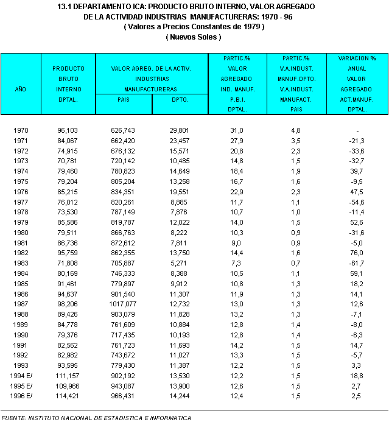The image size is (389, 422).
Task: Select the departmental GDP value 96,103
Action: point(69,130)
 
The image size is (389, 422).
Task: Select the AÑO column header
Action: point(20,89)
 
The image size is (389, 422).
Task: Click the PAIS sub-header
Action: point(124,99)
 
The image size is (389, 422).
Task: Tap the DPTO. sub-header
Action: point(180,99)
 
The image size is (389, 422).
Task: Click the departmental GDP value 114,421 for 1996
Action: point(69,396)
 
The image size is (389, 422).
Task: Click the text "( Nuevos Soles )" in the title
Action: point(194,37)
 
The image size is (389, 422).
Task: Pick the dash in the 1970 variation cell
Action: point(357,130)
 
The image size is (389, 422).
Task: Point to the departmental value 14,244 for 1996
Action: point(179,396)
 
